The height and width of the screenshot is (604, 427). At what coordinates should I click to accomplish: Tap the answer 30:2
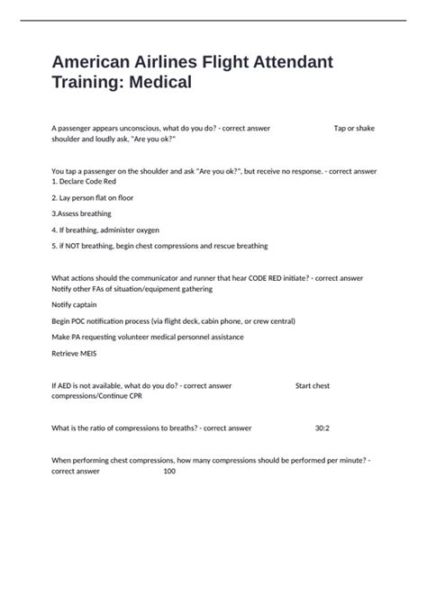(323, 428)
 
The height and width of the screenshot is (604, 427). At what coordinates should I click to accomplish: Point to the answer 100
(169, 471)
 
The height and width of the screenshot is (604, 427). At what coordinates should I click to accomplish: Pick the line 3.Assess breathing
(82, 213)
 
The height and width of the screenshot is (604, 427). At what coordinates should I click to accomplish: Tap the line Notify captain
(77, 305)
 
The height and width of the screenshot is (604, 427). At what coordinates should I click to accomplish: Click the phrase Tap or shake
(354, 128)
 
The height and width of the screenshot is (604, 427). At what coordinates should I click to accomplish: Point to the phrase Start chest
(313, 385)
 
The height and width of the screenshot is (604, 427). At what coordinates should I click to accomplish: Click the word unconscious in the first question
(149, 128)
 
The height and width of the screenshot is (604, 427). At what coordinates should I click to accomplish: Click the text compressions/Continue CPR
(103, 396)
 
